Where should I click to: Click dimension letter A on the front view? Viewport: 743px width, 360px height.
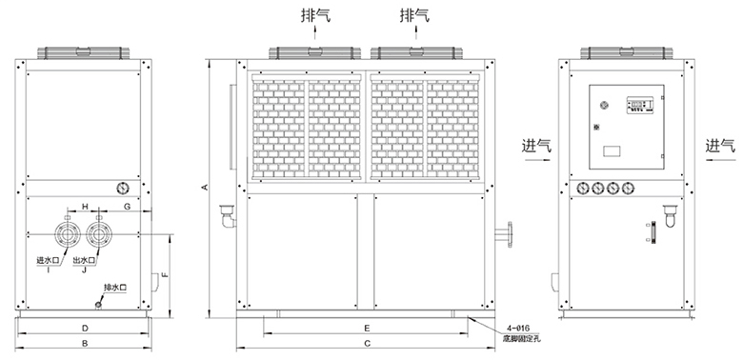coord(205,187)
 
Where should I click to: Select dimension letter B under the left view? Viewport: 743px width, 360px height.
coord(85,344)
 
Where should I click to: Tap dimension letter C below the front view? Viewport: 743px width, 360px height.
coord(368,344)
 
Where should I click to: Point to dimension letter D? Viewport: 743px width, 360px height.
coord(85,328)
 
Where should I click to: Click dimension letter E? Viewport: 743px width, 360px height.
coord(367,328)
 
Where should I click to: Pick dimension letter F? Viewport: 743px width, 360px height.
coord(165,274)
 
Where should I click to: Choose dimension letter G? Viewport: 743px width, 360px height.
coord(127,206)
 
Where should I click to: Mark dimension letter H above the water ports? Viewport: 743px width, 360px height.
coord(86,206)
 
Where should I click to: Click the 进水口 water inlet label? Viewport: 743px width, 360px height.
coord(48,260)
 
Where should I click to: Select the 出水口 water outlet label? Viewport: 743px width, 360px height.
coord(85,260)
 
